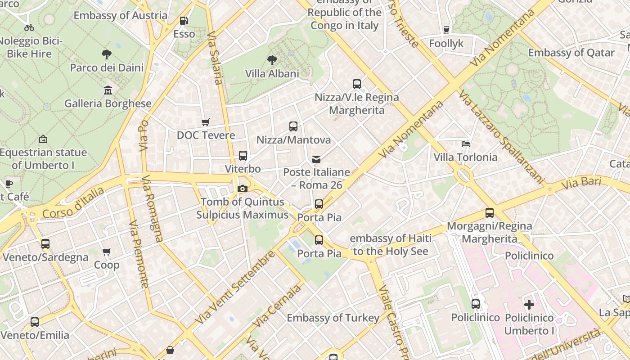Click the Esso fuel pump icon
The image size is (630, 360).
184,21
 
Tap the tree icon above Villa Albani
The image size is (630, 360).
272,60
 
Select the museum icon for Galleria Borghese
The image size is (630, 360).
108,90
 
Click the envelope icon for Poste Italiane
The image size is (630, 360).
316,159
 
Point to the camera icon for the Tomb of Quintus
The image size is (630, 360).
243,189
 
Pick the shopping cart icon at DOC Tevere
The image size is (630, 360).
206,122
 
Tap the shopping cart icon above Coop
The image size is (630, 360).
107,252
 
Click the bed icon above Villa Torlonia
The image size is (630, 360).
466,144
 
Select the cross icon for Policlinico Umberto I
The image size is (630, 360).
529,305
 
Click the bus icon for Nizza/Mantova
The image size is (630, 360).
293,126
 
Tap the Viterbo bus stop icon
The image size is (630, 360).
243,156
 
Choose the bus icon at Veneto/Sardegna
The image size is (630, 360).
45,244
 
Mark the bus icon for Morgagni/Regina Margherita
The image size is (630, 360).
490,213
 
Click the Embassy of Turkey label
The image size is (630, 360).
333,318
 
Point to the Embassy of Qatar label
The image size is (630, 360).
571,53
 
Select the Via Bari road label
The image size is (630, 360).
581,182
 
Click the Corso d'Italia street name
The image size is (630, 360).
73,203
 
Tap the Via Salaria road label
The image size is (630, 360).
215,58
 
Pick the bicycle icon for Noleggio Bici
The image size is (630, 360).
29,27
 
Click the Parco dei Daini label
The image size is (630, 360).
107,68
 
